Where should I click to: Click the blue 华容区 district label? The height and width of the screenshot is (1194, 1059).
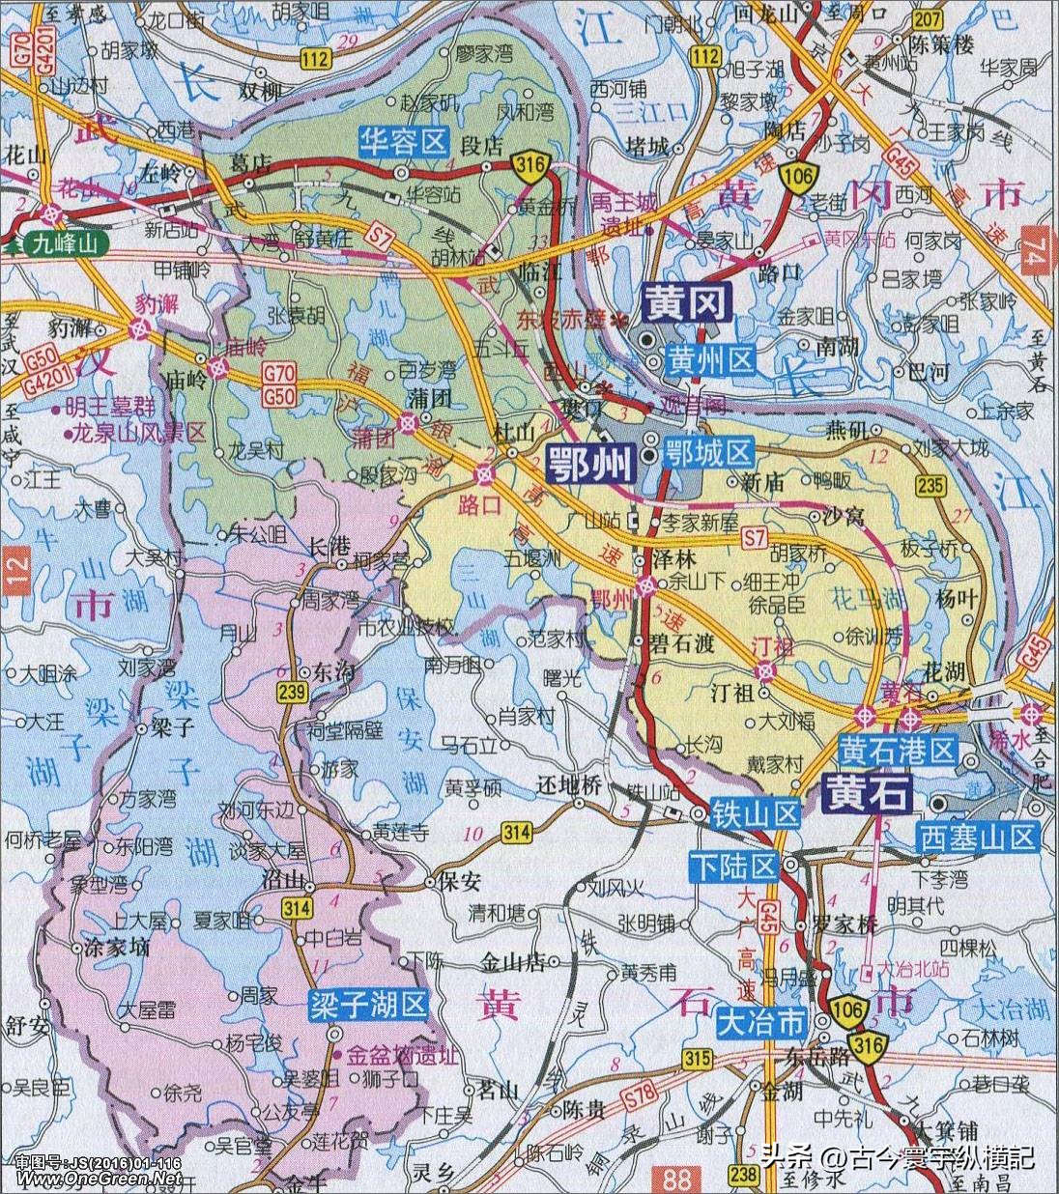click(403, 142)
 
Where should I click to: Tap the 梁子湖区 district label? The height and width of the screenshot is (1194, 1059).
click(367, 1006)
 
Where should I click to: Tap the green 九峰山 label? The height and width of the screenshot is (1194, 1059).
click(62, 243)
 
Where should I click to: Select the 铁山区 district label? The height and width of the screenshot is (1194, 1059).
click(757, 814)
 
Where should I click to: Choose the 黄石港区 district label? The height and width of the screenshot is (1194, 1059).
click(898, 750)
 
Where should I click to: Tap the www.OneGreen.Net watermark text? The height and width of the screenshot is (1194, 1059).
click(91, 1180)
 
